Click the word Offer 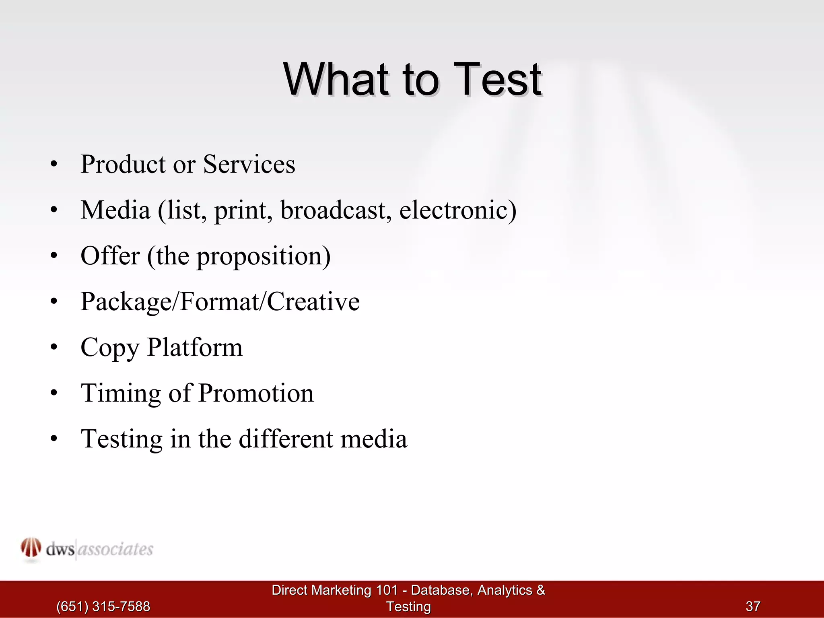click(110, 256)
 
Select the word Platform click(195, 347)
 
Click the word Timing click(121, 393)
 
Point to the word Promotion click(256, 393)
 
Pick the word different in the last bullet click(286, 439)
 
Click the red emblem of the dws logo click(31, 548)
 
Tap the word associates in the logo click(115, 549)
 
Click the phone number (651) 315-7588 click(103, 606)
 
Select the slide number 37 click(753, 606)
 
